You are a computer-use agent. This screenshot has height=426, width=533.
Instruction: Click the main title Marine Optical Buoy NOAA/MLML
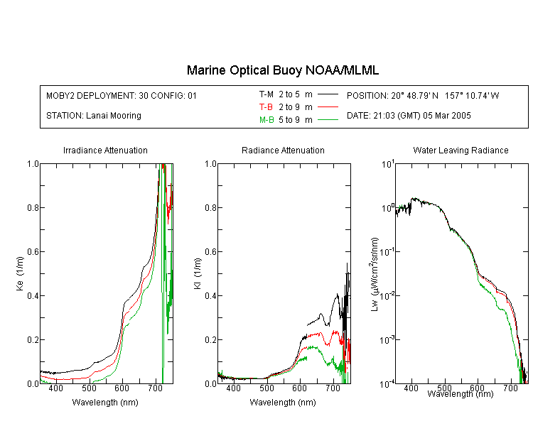[282, 70]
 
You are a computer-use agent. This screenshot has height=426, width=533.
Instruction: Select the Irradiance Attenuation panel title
[105, 150]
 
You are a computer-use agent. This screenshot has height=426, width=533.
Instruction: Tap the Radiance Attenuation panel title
[283, 150]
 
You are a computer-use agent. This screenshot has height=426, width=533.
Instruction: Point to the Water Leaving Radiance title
[461, 150]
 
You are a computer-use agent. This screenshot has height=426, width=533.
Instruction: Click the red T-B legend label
[266, 107]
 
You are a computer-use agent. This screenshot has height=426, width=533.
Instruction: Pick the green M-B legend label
[266, 120]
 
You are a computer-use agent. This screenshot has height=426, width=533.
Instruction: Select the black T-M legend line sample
[328, 94]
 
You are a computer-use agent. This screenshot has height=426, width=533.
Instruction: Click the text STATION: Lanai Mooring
[94, 116]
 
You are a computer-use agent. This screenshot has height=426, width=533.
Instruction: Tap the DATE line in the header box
[409, 116]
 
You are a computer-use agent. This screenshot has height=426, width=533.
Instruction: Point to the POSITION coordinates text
[423, 95]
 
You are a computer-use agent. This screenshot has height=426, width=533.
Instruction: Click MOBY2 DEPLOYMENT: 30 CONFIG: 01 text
[122, 95]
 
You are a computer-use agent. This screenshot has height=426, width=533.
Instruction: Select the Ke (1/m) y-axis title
[20, 273]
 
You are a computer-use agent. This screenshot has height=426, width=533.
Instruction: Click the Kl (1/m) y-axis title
[197, 273]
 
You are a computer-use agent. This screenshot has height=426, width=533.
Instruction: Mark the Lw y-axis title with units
[375, 274]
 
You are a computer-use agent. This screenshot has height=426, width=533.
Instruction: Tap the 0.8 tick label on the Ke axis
[33, 207]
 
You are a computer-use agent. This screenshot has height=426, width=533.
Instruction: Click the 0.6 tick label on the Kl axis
[210, 252]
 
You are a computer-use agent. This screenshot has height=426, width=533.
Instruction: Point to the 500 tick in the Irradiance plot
[89, 388]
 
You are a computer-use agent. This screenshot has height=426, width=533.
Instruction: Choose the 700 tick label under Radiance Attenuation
[333, 388]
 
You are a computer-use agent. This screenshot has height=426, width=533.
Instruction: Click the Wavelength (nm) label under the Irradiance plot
[105, 403]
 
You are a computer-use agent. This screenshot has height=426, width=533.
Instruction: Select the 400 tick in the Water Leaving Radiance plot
[411, 388]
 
